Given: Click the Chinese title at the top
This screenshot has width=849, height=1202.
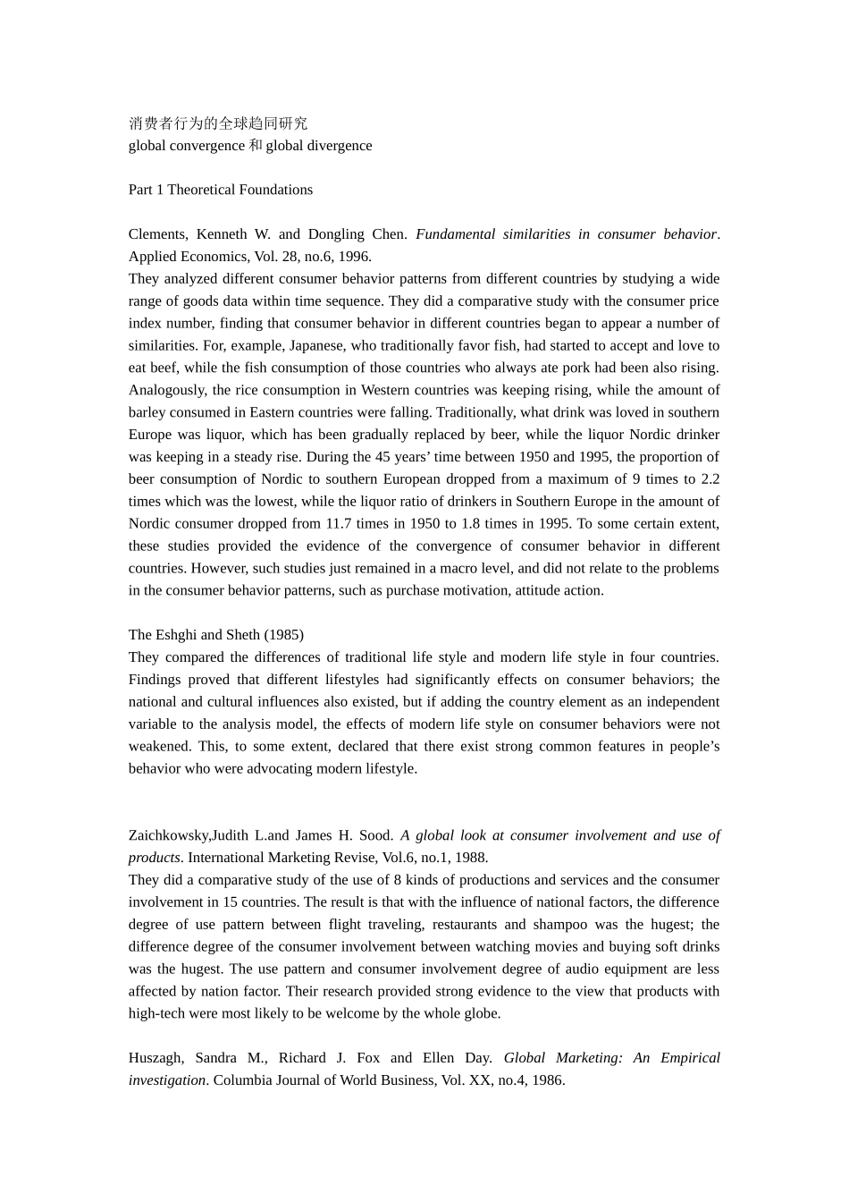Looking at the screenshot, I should [218, 123].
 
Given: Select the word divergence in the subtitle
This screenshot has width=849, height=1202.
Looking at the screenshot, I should [337, 146].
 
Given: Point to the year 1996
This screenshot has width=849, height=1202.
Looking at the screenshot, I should [354, 257].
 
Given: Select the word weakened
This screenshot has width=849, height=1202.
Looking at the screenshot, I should [159, 746].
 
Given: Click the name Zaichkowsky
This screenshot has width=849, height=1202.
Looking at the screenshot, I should [169, 835].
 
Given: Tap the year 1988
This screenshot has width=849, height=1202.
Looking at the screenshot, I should [471, 858].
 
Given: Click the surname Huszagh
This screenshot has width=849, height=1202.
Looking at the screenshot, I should [156, 1058].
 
